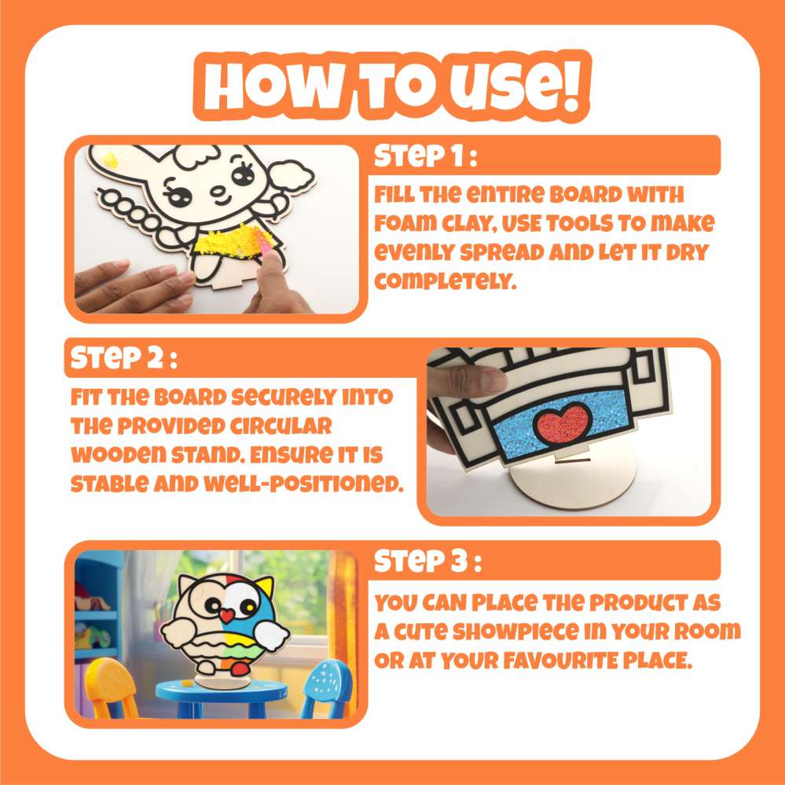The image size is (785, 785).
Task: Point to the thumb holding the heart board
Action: tap(472, 380)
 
